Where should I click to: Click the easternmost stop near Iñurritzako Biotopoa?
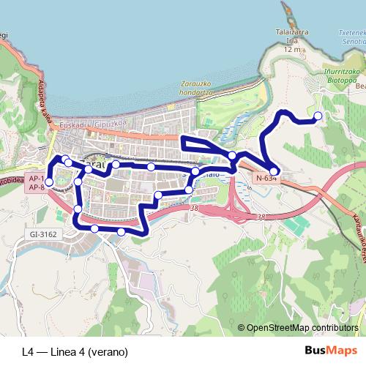click(x=318, y=116)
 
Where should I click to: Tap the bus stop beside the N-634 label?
click(x=273, y=171)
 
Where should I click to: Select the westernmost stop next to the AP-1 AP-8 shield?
click(x=50, y=182)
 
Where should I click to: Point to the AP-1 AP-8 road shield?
click(x=35, y=183)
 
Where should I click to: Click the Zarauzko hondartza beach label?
click(x=195, y=89)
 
